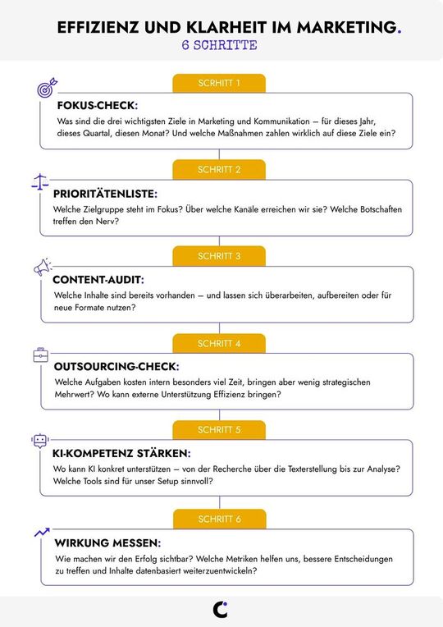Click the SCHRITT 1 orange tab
[219, 83]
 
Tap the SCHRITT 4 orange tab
[219, 343]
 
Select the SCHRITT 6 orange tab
[219, 519]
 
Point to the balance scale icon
[39, 181]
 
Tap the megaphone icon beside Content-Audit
[42, 268]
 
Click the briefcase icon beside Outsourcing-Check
[40, 355]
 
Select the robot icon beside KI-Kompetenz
[39, 441]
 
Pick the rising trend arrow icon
[42, 532]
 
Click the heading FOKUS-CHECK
[97, 107]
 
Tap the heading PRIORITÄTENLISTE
[104, 194]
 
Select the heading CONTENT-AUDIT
[98, 280]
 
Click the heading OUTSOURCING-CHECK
[116, 366]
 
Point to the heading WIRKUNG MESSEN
[107, 543]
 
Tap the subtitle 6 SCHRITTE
[219, 46]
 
